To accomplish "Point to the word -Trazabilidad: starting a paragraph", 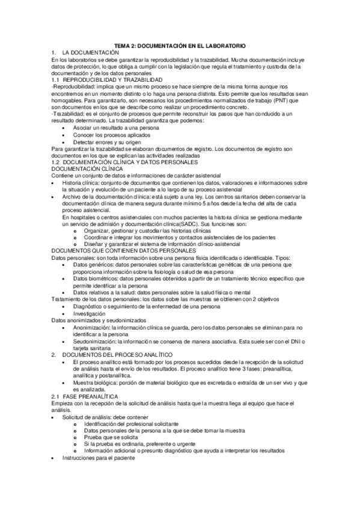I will tap(67, 114).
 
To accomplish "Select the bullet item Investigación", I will tap(89, 313).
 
